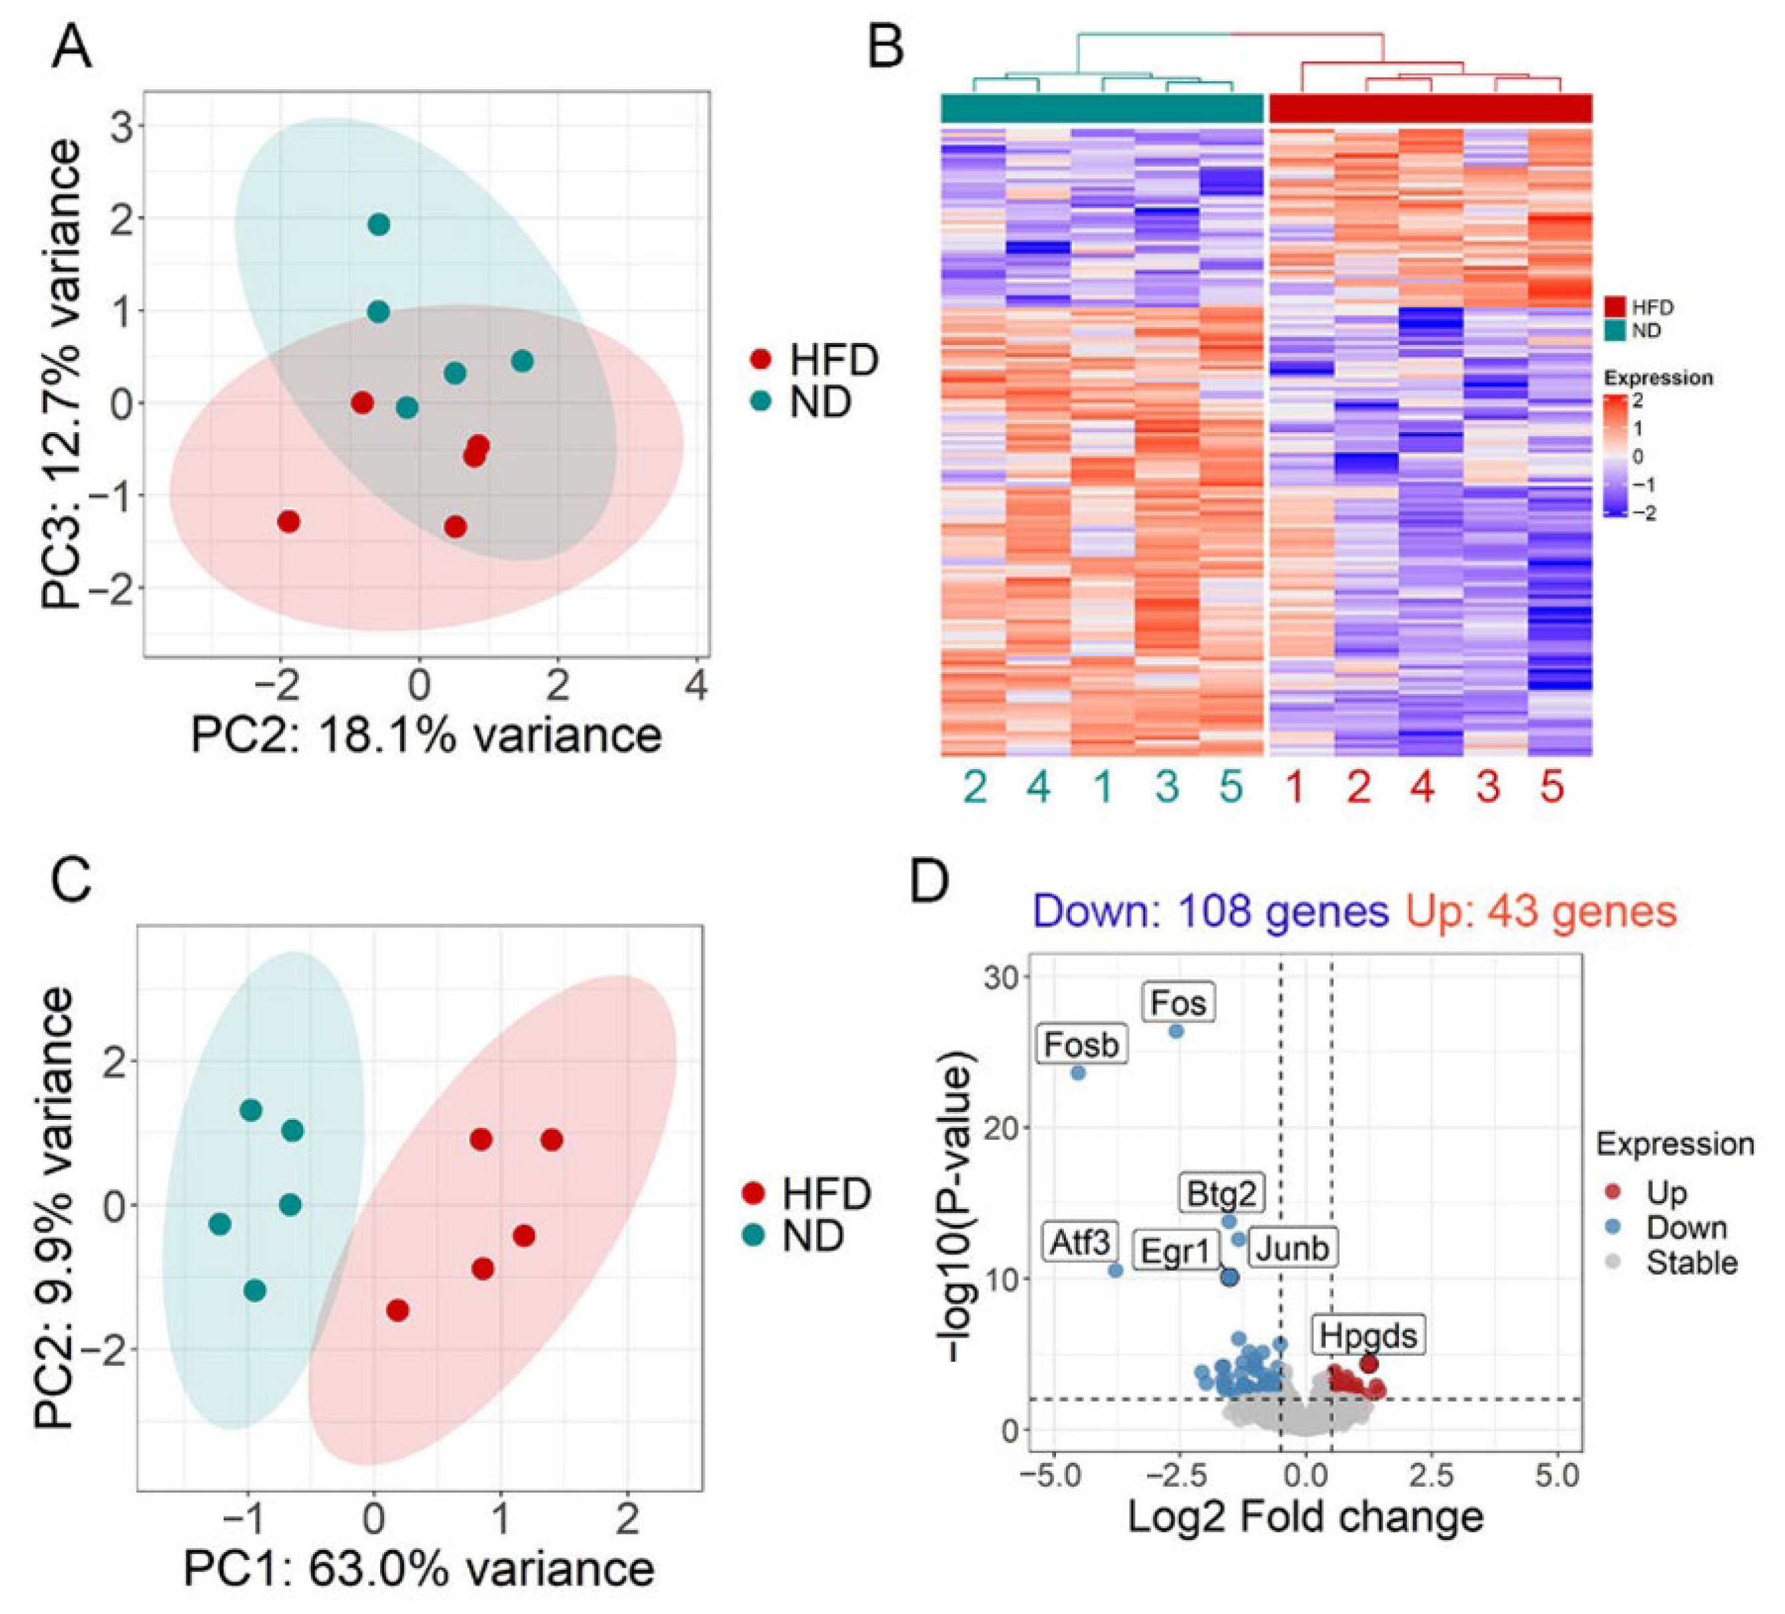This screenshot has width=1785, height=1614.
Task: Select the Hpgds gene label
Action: pos(1368,1335)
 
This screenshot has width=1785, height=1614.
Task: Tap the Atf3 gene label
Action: pos(1079,1243)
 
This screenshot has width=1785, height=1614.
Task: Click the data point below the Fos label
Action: pos(1176,1031)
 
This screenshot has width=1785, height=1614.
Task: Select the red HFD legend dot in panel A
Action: pos(760,360)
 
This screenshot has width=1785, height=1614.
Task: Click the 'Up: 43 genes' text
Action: pos(1541,911)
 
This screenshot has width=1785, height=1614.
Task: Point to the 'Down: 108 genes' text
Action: pos(1210,911)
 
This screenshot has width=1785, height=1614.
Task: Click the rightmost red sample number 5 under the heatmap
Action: pos(1552,787)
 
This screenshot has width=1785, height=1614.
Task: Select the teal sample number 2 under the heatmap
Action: pos(975,787)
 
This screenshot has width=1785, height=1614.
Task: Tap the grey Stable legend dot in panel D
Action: pos(1613,1262)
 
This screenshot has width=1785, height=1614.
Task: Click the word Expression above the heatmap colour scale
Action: pos(1658,378)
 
